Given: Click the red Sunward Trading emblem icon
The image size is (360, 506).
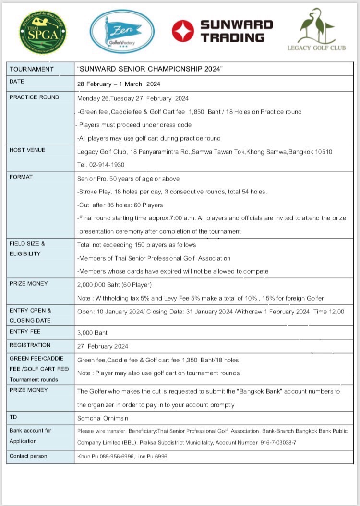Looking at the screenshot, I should pyautogui.click(x=183, y=31).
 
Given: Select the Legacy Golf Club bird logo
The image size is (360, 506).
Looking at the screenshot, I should pyautogui.click(x=316, y=26).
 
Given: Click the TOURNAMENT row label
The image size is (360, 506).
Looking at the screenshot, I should pyautogui.click(x=32, y=69).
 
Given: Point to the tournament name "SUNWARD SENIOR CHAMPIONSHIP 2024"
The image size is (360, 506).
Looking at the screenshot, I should pyautogui.click(x=150, y=69).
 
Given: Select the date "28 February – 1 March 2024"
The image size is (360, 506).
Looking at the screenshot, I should pyautogui.click(x=119, y=84).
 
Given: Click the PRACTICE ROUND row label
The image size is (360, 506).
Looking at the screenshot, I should pyautogui.click(x=35, y=97).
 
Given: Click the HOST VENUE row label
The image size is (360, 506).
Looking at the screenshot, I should pyautogui.click(x=28, y=150).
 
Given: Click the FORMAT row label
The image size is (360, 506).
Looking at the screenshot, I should pyautogui.click(x=21, y=177).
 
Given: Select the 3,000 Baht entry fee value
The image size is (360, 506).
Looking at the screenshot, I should pyautogui.click(x=92, y=332).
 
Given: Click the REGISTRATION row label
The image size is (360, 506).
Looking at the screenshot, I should pyautogui.click(x=30, y=345).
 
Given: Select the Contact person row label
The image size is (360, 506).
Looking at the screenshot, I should pyautogui.click(x=29, y=456).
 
